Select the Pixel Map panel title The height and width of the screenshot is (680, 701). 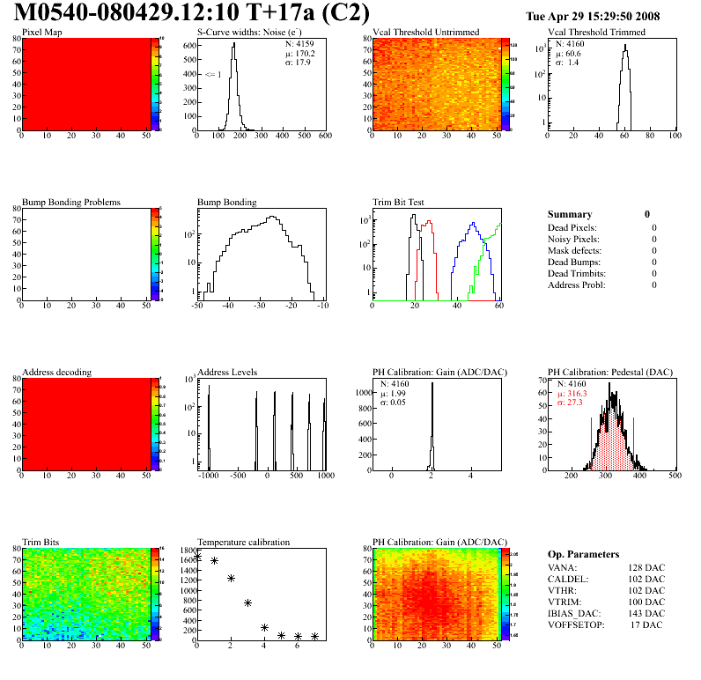click(x=41, y=33)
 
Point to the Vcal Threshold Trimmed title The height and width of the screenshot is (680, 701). click(x=596, y=33)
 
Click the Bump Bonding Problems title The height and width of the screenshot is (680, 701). click(x=71, y=203)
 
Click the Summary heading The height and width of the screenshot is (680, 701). click(x=570, y=214)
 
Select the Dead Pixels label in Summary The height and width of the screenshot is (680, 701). click(x=572, y=227)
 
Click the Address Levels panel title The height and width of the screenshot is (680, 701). click(x=227, y=373)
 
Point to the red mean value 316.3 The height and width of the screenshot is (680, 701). click(x=577, y=394)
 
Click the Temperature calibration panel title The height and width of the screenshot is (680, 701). click(x=243, y=543)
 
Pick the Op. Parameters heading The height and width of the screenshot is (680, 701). click(x=583, y=554)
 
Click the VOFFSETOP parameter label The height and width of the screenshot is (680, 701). click(x=578, y=625)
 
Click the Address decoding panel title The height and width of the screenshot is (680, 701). click(x=56, y=373)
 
